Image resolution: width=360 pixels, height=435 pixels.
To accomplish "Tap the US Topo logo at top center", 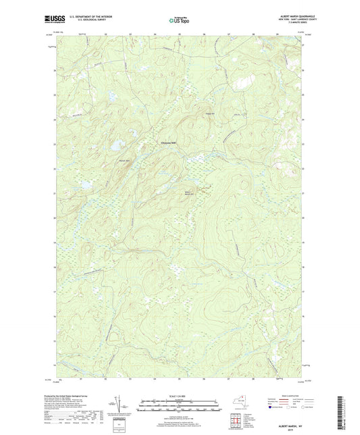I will tap(178, 20).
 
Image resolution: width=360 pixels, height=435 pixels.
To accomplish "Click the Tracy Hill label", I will tap(209, 113).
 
